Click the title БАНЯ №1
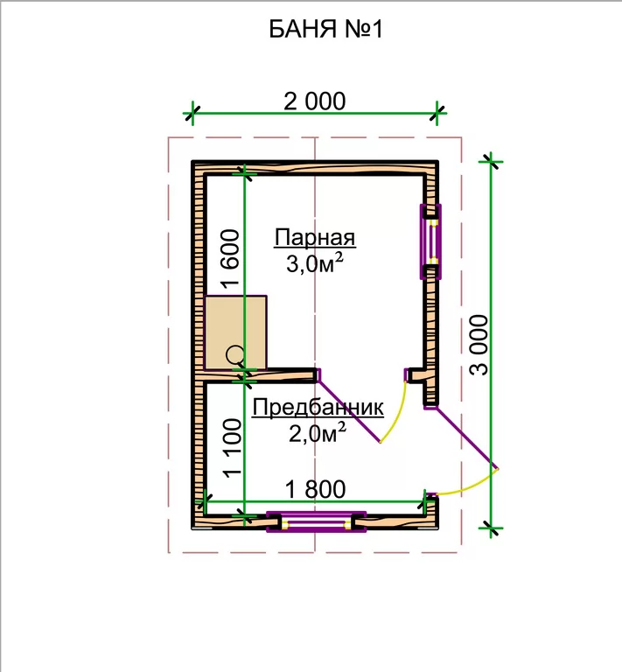[325, 30]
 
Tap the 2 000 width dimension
[314, 101]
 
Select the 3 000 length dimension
[479, 345]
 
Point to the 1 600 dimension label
[230, 258]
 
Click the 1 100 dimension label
[233, 448]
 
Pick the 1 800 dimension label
[315, 489]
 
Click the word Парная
[315, 238]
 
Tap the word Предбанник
[318, 408]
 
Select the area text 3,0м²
[315, 263]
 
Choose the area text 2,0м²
[317, 433]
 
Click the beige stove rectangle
[235, 332]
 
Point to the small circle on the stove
[234, 355]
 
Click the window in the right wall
[430, 242]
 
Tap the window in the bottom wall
[316, 521]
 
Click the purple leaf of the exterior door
[465, 437]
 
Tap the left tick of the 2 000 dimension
[192, 114]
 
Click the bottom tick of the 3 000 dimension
[491, 528]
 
